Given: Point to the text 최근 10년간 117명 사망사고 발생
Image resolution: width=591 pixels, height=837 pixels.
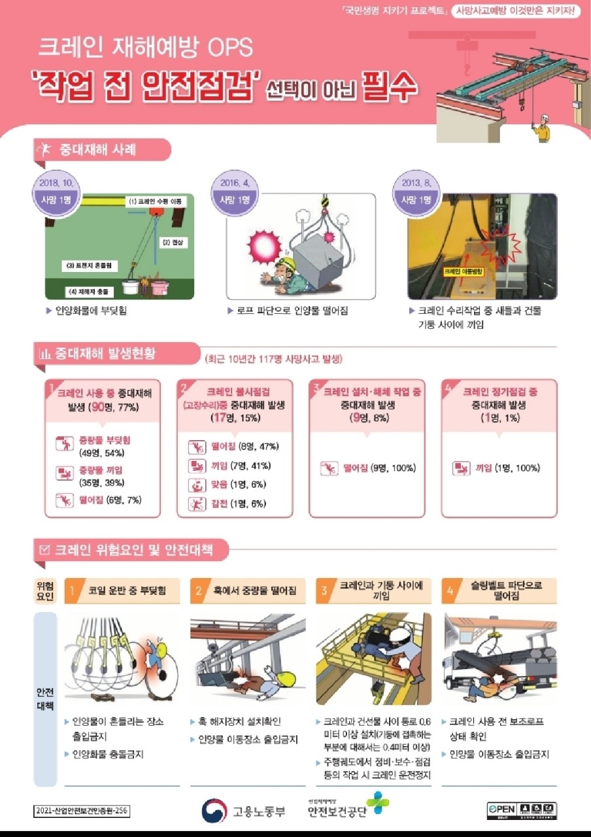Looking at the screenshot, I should [x=273, y=359].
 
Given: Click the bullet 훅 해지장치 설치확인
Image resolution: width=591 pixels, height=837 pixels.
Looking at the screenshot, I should [x=239, y=722].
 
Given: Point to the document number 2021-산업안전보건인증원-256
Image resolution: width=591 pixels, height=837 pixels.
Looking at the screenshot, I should [x=82, y=811].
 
